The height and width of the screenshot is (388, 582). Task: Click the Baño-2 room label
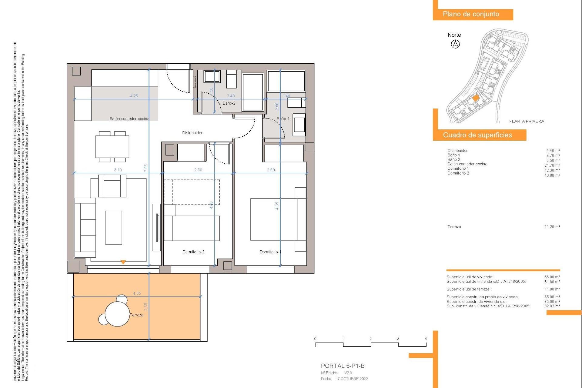pos(229,103)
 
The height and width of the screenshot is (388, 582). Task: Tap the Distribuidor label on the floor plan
pos(192,133)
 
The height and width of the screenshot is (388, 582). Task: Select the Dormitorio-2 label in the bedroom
pos(193,252)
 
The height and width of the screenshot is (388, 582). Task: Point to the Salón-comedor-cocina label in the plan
pos(129,119)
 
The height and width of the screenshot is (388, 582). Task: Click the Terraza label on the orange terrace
pos(137,315)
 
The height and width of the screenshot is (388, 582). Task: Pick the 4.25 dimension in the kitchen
pos(134,96)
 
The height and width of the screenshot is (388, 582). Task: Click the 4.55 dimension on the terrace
pos(137,293)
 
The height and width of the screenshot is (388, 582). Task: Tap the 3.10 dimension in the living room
pos(118,170)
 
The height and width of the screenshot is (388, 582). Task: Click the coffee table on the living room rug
pos(113,228)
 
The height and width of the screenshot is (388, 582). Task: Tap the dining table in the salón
pos(112,147)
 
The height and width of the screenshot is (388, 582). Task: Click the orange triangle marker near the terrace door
pos(123,262)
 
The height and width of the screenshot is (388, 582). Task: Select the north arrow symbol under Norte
pos(455,44)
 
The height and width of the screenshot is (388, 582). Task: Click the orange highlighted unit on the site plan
pos(476,98)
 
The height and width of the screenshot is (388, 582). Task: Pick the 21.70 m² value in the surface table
pos(552,166)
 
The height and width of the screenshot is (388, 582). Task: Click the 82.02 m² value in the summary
pos(552,306)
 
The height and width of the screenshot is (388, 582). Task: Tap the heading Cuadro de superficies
pos(477,135)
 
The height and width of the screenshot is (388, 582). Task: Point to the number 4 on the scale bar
pos(426,339)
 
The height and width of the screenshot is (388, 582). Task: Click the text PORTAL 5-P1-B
pos(343,366)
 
